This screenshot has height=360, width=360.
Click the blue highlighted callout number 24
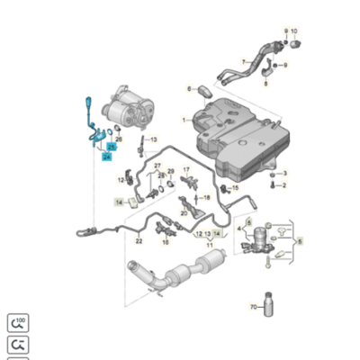107,157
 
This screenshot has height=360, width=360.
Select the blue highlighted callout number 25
112,145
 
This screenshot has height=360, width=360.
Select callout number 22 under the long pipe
139,241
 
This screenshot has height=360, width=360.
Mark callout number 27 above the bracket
158,166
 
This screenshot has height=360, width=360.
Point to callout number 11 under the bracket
209,244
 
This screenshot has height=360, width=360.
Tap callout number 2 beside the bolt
283,185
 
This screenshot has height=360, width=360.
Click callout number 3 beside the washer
283,173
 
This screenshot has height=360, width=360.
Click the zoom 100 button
17,322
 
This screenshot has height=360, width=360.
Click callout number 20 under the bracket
184,213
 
